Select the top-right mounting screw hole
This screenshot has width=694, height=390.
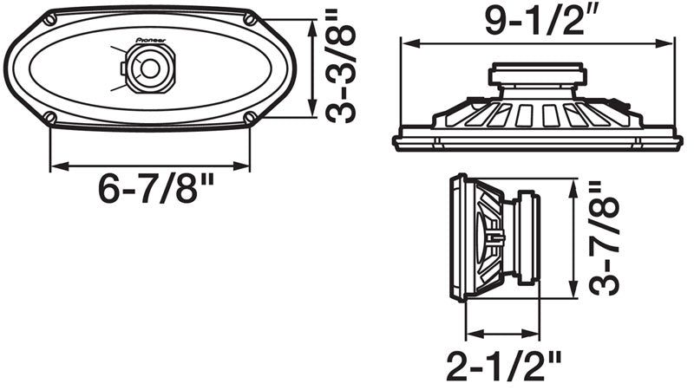coord(250,18)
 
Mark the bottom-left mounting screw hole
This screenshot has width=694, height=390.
coord(50,117)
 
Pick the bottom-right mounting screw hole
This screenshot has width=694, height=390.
coord(250,117)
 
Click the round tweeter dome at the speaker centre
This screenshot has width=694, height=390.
coord(149,68)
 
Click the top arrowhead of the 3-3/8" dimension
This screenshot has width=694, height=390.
coord(311,22)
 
